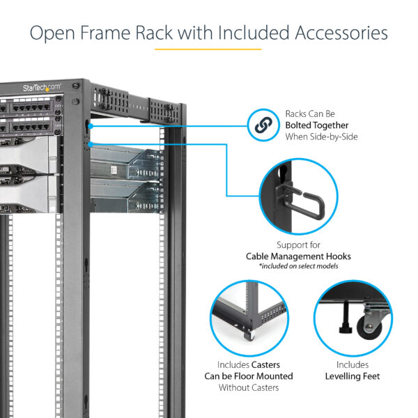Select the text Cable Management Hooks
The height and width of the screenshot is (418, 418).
click(298, 256)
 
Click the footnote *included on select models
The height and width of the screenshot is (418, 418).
click(298, 266)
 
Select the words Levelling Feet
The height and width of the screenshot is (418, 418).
click(352, 376)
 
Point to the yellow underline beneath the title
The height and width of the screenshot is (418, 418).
click(208, 49)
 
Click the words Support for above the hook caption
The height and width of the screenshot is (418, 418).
click(298, 245)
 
